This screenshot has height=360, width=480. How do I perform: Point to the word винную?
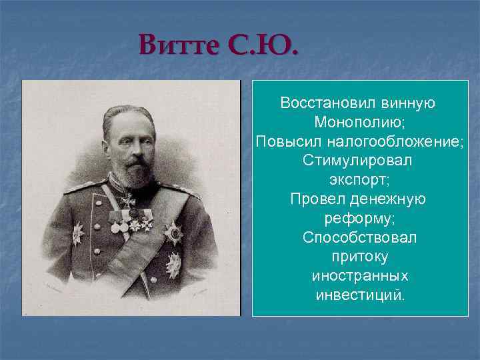[408, 103]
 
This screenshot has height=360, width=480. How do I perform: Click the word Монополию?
[359, 123]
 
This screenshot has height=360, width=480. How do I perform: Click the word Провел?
[317, 199]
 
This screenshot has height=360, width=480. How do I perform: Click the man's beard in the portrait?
[136, 174]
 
